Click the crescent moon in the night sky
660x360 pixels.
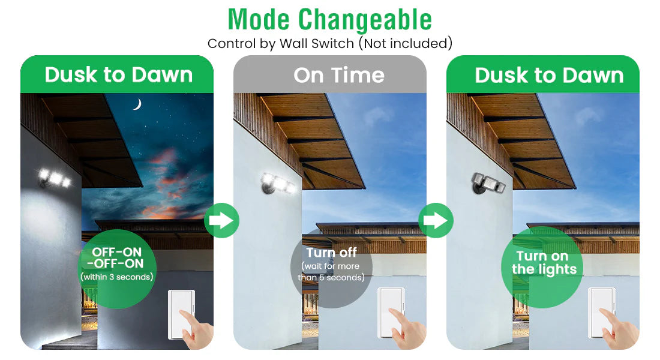tap(138, 104)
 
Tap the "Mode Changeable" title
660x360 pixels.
tap(329, 19)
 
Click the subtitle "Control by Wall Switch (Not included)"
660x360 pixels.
tap(329, 43)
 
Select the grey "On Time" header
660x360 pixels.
tap(339, 76)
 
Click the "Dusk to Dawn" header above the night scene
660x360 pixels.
tap(119, 75)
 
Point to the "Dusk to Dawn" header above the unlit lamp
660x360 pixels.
tap(549, 76)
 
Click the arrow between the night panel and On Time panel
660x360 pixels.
tap(222, 220)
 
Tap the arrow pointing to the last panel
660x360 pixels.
tap(436, 220)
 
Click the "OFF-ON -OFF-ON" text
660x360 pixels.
tap(116, 257)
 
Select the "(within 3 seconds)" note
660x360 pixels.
tap(116, 277)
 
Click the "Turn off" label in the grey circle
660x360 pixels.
tap(331, 252)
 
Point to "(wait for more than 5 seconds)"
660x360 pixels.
tap(331, 272)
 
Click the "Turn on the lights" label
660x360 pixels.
tap(544, 262)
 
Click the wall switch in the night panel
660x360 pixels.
tap(181, 314)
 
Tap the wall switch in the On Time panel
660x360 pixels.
tap(391, 312)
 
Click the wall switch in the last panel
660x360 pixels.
tap(601, 312)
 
